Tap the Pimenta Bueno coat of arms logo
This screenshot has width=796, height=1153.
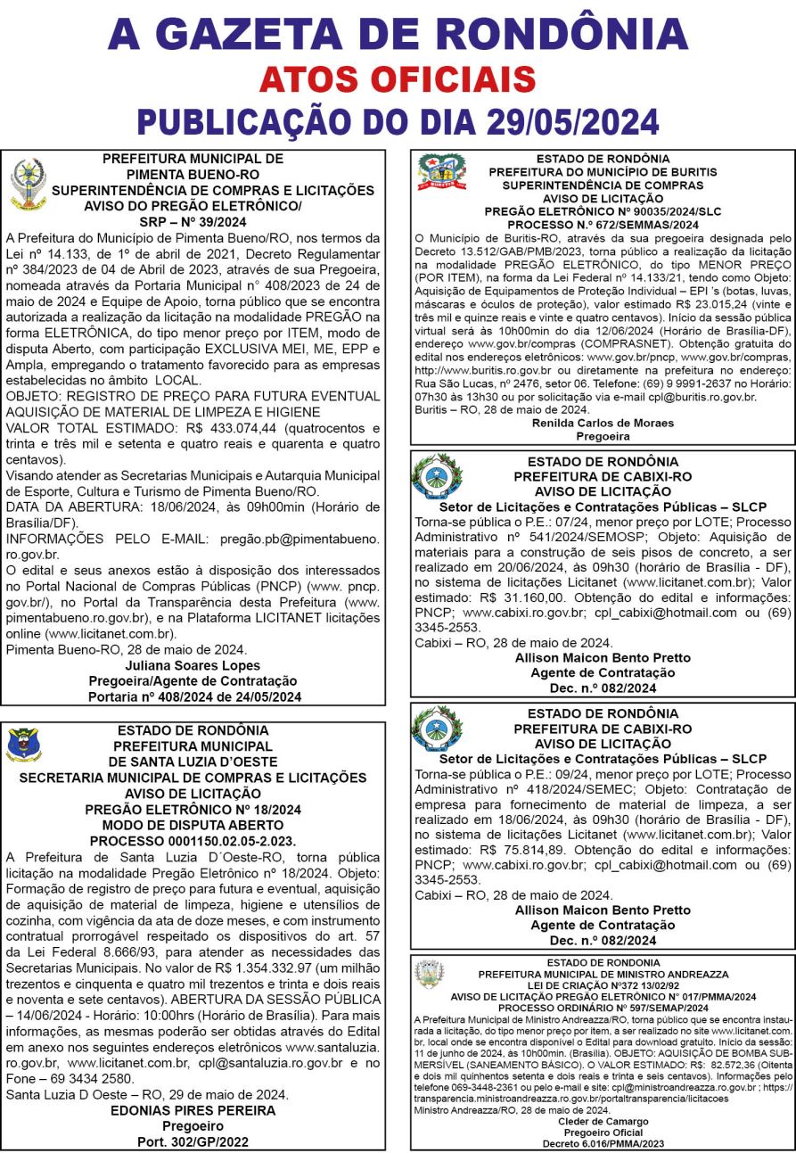[27, 185]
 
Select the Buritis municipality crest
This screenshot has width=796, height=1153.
[442, 172]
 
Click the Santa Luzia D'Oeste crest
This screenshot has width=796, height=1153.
[23, 745]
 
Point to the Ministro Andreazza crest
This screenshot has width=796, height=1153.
[430, 974]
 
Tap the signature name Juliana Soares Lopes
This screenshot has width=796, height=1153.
[193, 665]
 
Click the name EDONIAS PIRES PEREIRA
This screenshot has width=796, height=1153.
[193, 1111]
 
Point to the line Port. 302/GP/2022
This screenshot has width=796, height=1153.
[193, 1141]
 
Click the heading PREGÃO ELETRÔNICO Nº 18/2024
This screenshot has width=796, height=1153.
[193, 810]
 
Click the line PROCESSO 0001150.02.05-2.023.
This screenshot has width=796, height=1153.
[193, 840]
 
